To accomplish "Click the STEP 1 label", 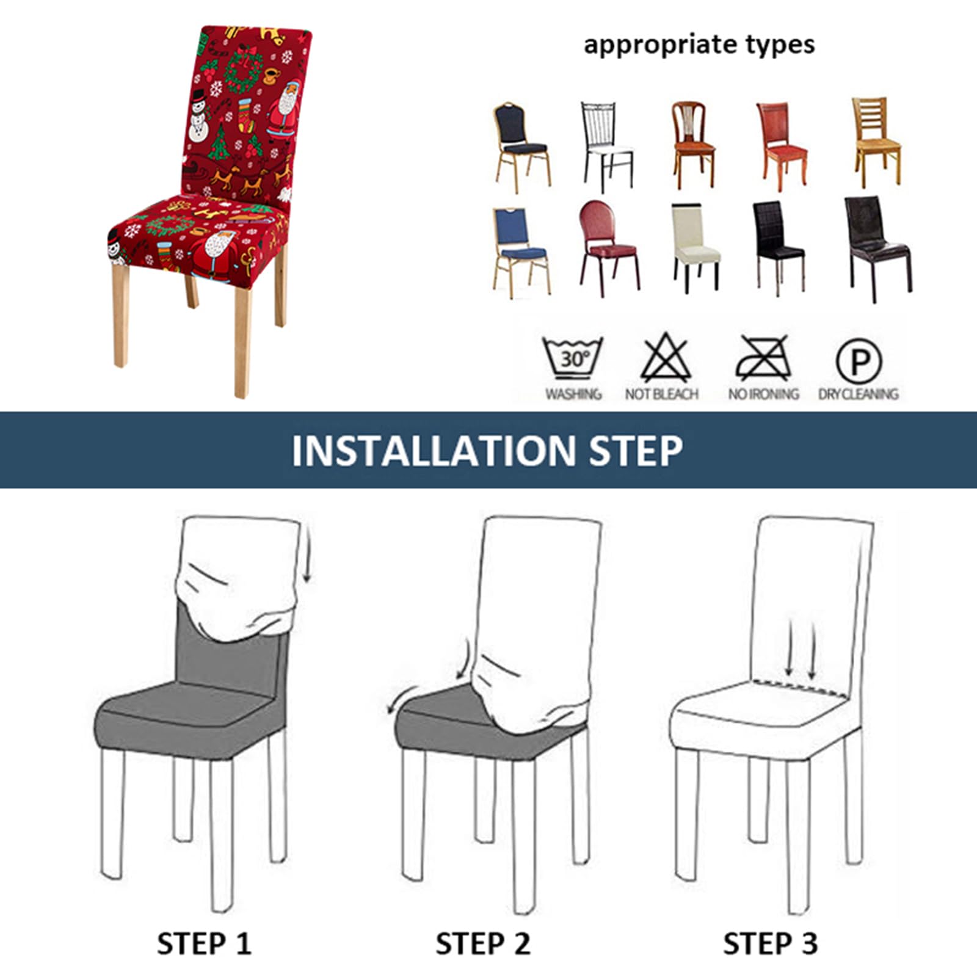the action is point(204,943).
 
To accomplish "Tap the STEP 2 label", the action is point(482,943).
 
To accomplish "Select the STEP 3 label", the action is point(770,943).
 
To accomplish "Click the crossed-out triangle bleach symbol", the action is point(665,358).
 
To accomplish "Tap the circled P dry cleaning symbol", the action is point(859,361).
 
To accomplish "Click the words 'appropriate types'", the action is point(699,45).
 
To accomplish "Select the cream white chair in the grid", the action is point(696,247).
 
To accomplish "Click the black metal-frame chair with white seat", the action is point(607,147).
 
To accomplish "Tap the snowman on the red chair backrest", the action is point(198,116).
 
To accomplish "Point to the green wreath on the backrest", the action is point(243,72).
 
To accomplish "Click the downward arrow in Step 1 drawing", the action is point(308,556).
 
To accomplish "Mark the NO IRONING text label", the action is point(763,394).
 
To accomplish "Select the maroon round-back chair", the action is point(609,247).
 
